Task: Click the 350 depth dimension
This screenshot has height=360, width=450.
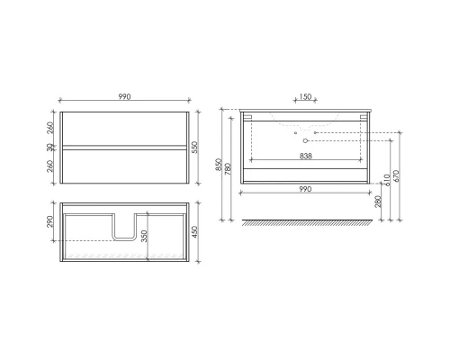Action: coord(145,236)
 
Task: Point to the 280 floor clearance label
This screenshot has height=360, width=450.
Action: coord(378,205)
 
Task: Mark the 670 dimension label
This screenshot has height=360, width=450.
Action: coord(398,175)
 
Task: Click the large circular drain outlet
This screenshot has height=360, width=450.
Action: coord(306,141)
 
